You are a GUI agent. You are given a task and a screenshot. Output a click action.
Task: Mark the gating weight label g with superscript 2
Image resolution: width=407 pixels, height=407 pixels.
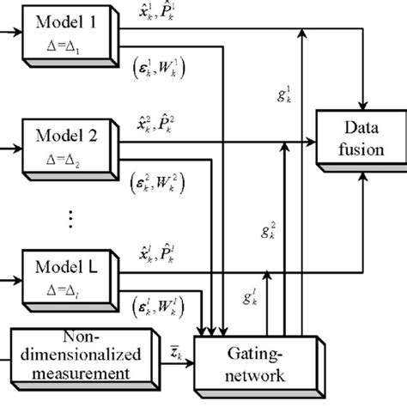(x=269, y=231)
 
